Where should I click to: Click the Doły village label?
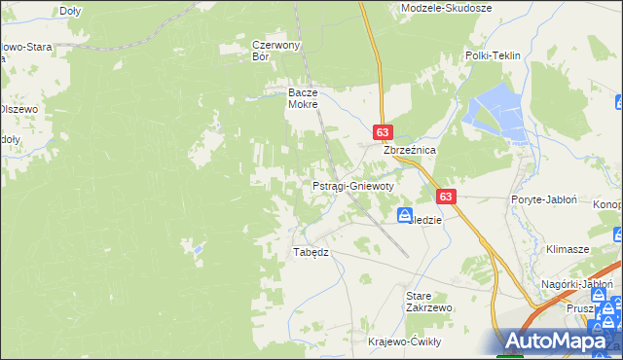69,11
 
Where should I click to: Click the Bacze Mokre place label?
303,98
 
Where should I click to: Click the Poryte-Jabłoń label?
544,198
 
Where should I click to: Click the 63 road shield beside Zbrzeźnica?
382,131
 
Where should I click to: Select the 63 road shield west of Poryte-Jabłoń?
446,196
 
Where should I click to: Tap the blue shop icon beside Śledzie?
404,214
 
